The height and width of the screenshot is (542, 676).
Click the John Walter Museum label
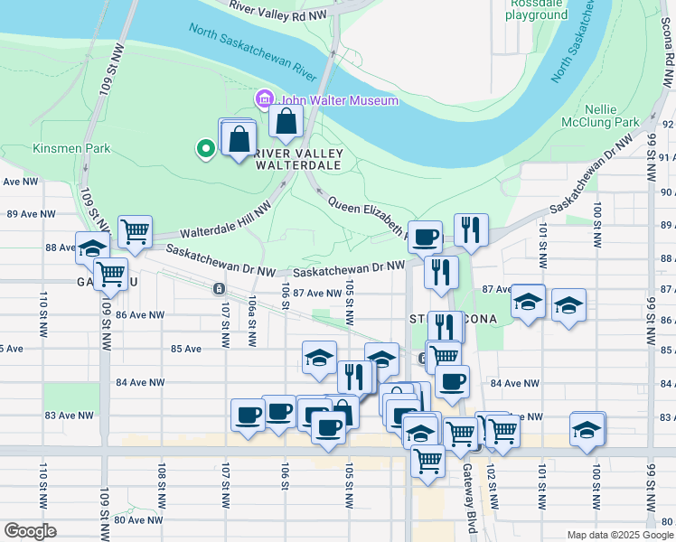338,99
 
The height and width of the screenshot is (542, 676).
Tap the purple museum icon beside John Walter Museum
265,98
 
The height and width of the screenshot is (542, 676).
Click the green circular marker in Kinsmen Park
206,148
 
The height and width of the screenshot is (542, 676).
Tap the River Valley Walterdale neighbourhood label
297,159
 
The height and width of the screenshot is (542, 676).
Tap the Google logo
30,530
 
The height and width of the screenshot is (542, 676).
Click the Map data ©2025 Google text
619,535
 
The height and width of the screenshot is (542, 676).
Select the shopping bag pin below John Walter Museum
286,121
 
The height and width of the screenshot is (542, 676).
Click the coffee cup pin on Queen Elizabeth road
425,237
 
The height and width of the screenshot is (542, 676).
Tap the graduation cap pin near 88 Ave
92,248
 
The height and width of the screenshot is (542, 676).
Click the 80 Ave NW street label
138,519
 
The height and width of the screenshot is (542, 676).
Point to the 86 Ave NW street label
140,315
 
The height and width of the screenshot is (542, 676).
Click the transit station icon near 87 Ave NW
218,288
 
